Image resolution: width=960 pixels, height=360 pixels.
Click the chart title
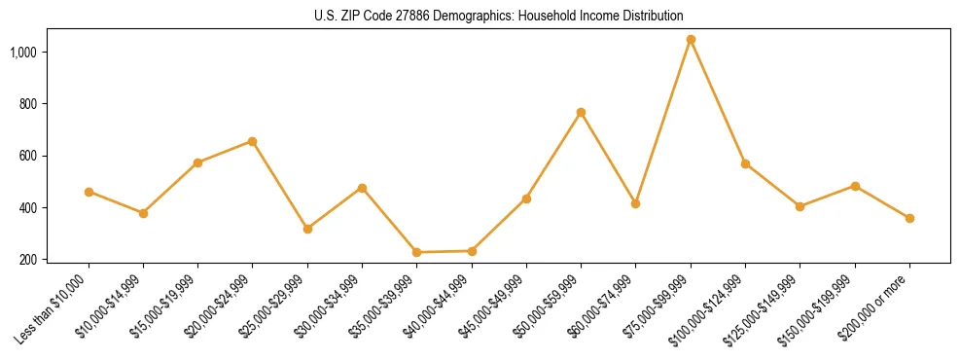[498, 16]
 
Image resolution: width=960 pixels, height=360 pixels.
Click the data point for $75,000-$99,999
[691, 40]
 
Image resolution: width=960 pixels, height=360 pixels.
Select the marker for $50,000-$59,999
[581, 113]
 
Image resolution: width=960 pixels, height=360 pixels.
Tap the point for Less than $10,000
[89, 192]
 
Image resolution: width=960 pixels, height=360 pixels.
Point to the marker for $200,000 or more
[909, 218]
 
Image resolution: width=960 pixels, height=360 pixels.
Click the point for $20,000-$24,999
[253, 141]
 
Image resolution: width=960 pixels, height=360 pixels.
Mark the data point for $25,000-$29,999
[307, 229]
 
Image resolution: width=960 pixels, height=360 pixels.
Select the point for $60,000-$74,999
[635, 203]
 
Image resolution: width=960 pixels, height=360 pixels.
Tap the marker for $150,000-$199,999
[855, 186]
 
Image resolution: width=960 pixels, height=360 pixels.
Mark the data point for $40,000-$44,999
[472, 251]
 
